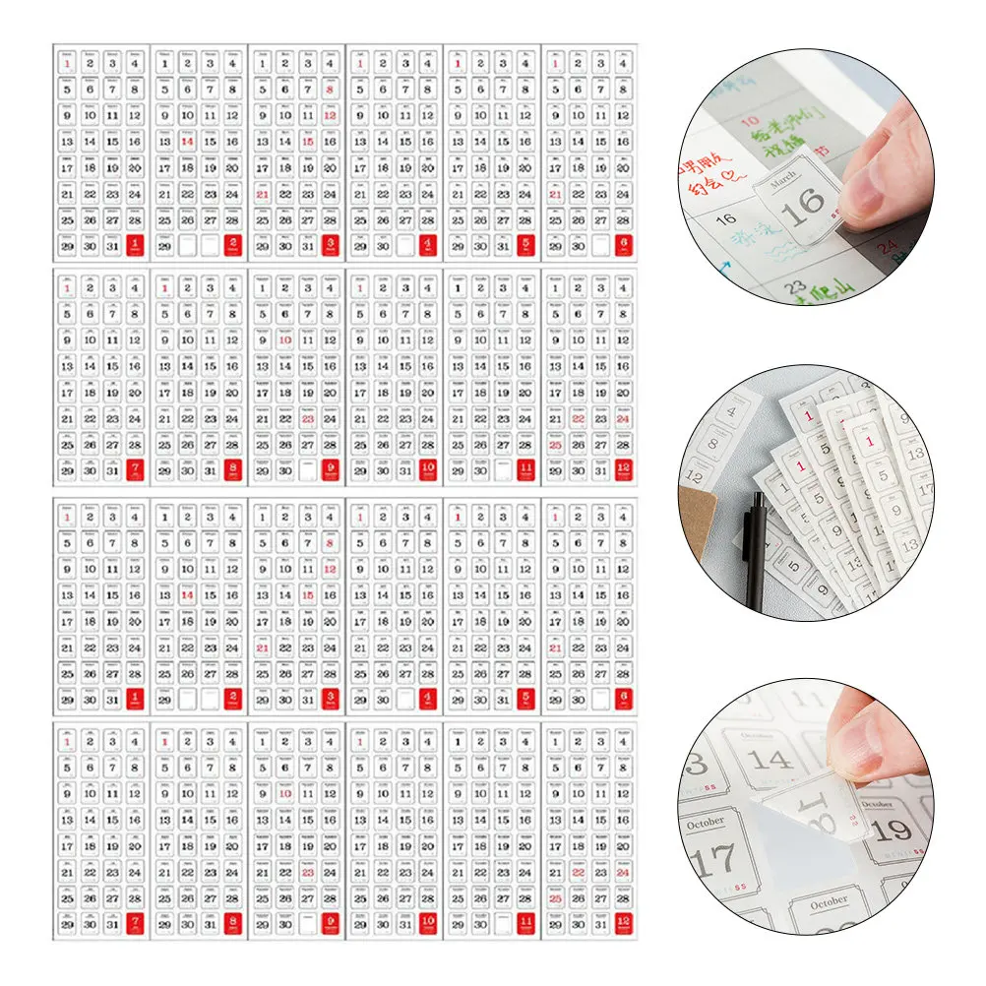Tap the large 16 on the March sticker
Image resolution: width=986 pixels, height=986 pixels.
click(804, 204)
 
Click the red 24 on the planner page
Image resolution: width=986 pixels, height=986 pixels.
click(890, 246)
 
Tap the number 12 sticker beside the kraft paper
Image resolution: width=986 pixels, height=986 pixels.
click(695, 477)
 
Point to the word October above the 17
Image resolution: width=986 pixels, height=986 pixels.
click(705, 823)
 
